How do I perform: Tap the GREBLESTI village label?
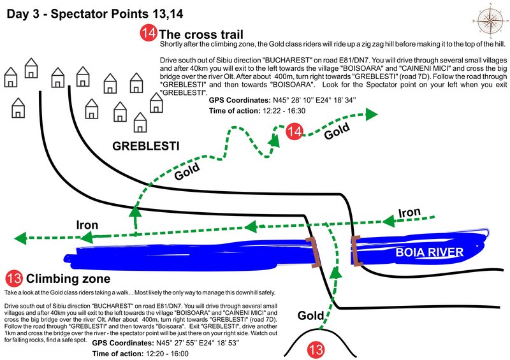click(146, 146)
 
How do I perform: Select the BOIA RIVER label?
click(429, 252)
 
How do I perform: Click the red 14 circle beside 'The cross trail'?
click(149, 33)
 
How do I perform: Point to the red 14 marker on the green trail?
click(295, 132)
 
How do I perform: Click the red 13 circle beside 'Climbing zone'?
click(14, 278)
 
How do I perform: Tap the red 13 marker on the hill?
click(316, 350)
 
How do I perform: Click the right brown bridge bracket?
click(356, 250)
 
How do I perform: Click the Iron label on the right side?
click(409, 213)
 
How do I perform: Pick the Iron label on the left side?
click(87, 225)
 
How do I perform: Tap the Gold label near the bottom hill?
click(310, 315)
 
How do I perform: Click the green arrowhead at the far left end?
click(20, 238)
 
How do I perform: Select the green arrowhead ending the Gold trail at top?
click(371, 114)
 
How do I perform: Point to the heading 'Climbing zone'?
click(68, 278)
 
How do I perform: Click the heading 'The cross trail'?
click(201, 34)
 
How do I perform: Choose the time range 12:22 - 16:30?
click(284, 111)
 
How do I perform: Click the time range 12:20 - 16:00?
click(167, 354)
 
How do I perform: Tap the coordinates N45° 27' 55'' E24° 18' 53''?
click(198, 343)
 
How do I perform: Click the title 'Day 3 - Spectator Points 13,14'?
click(94, 13)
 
